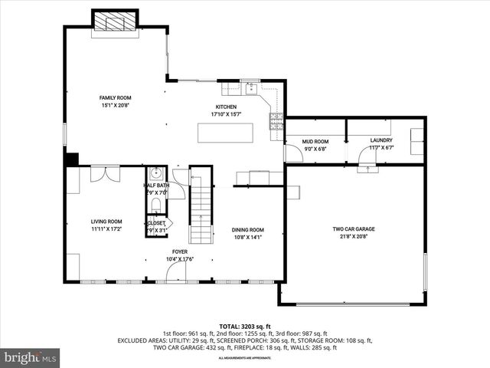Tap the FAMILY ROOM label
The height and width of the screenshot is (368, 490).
pos(116,97)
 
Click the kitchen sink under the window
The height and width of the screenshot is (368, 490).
pos(250,86)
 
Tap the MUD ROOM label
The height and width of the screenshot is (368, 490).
pos(315,141)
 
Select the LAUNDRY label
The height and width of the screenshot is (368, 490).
pos(381,140)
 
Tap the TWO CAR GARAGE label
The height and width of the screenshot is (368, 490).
pos(353,229)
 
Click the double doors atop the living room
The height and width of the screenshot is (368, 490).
pos(103,174)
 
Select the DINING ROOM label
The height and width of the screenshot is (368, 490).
pos(248,230)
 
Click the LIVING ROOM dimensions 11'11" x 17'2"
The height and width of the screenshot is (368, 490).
pos(106,228)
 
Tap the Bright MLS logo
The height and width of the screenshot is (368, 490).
pos(31,357)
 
